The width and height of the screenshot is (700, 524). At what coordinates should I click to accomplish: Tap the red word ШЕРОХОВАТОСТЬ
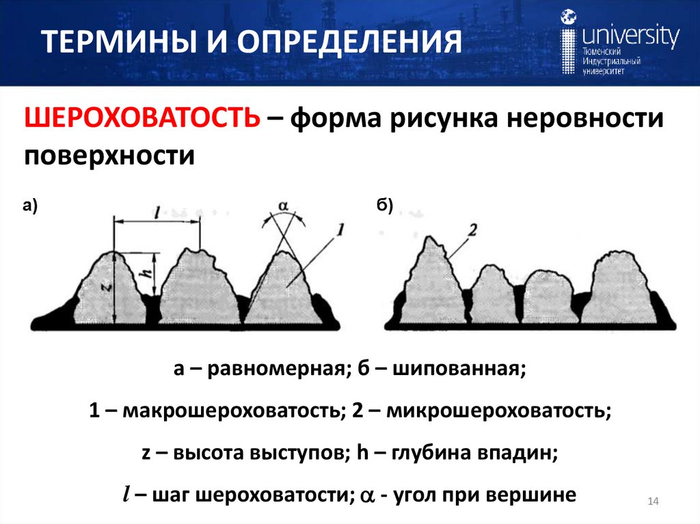tap(142, 119)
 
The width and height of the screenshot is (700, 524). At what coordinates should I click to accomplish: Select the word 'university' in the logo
tap(630, 36)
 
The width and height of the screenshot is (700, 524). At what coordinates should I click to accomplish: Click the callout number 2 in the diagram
tap(472, 230)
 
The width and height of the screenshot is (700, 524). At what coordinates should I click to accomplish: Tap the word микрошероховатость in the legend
tap(497, 411)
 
